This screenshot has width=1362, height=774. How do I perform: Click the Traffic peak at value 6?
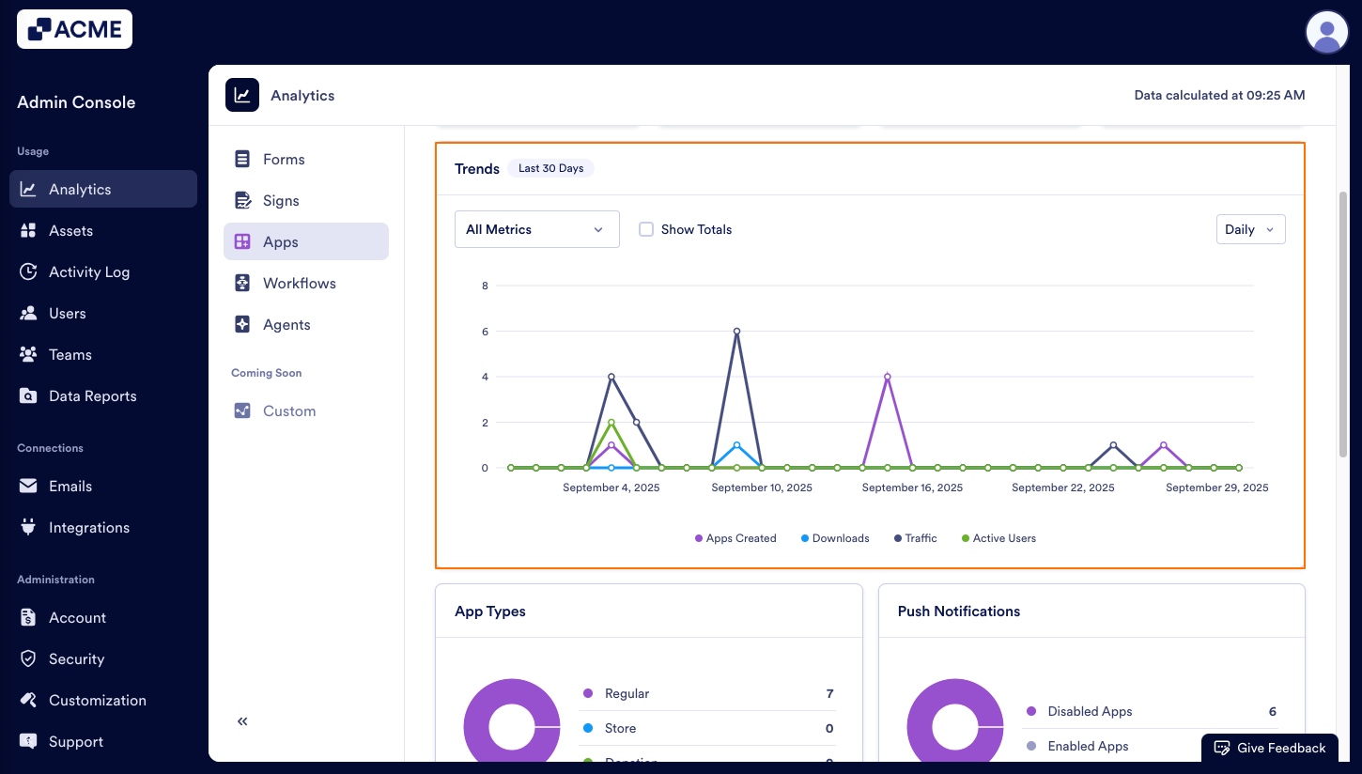click(x=736, y=331)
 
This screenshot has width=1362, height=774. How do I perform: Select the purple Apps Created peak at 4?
click(x=887, y=377)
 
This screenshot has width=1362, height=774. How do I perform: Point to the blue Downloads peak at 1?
click(x=736, y=445)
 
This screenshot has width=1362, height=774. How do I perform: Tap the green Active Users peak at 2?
click(x=611, y=423)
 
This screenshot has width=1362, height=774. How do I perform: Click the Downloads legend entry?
click(x=835, y=538)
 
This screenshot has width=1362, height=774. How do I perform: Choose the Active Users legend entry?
click(x=998, y=538)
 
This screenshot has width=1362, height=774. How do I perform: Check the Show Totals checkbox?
click(x=646, y=229)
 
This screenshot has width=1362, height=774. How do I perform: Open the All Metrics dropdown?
click(x=536, y=229)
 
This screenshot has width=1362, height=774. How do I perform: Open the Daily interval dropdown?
click(x=1250, y=229)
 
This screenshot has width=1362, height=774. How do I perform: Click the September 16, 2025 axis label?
click(x=912, y=488)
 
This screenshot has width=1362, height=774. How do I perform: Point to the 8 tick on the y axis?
click(x=485, y=286)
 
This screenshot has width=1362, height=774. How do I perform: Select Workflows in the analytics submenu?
click(x=299, y=283)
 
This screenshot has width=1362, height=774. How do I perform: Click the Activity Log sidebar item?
click(x=89, y=271)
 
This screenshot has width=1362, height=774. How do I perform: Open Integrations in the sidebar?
click(x=89, y=527)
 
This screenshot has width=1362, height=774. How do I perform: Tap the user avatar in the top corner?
click(x=1326, y=32)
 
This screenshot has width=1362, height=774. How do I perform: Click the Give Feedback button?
click(x=1270, y=748)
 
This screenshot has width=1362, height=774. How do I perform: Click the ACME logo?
click(x=75, y=29)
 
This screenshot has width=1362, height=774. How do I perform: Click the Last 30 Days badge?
click(x=550, y=168)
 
